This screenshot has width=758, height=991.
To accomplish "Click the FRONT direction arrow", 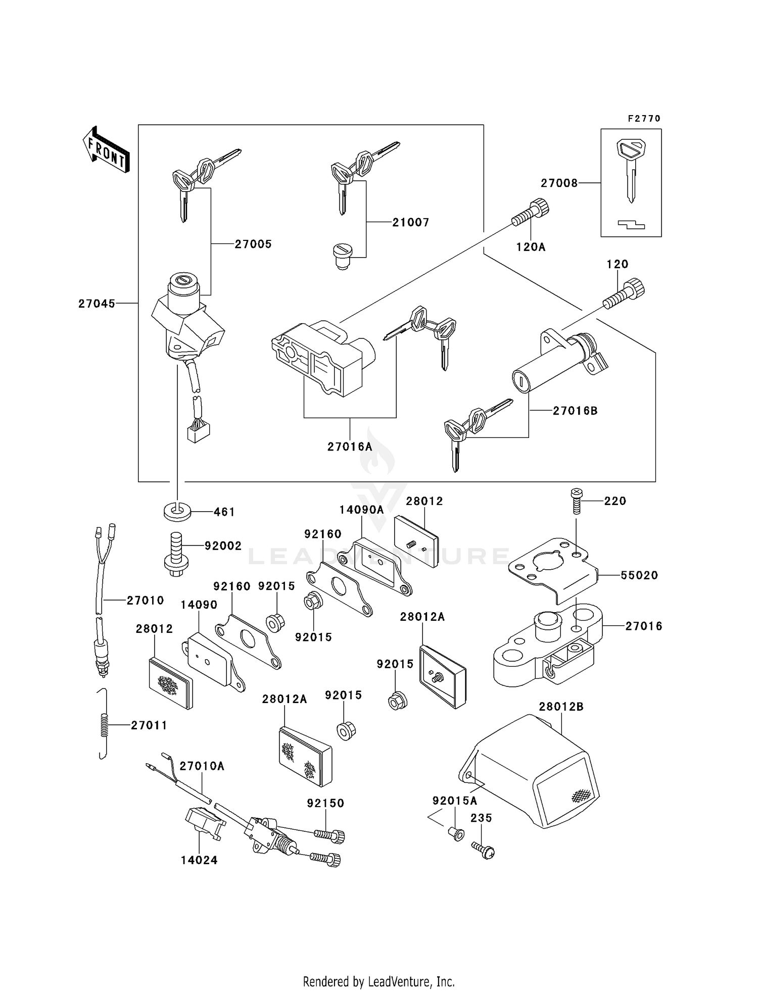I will pos(106,150).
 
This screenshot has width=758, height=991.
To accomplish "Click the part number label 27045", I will pos(97,304).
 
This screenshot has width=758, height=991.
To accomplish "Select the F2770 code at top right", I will pos(644,119).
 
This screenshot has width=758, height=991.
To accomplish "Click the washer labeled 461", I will pos(177,511).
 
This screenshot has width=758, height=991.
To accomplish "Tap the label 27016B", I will pos(575,411).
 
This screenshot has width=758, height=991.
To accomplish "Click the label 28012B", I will pos(561,707).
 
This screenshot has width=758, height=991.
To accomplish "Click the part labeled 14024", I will pos(204,822).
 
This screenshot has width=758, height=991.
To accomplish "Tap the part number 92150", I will pos(325,803).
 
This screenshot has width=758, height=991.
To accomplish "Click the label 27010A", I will pos(202,766).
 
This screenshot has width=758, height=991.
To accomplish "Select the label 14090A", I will pos(361,510).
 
